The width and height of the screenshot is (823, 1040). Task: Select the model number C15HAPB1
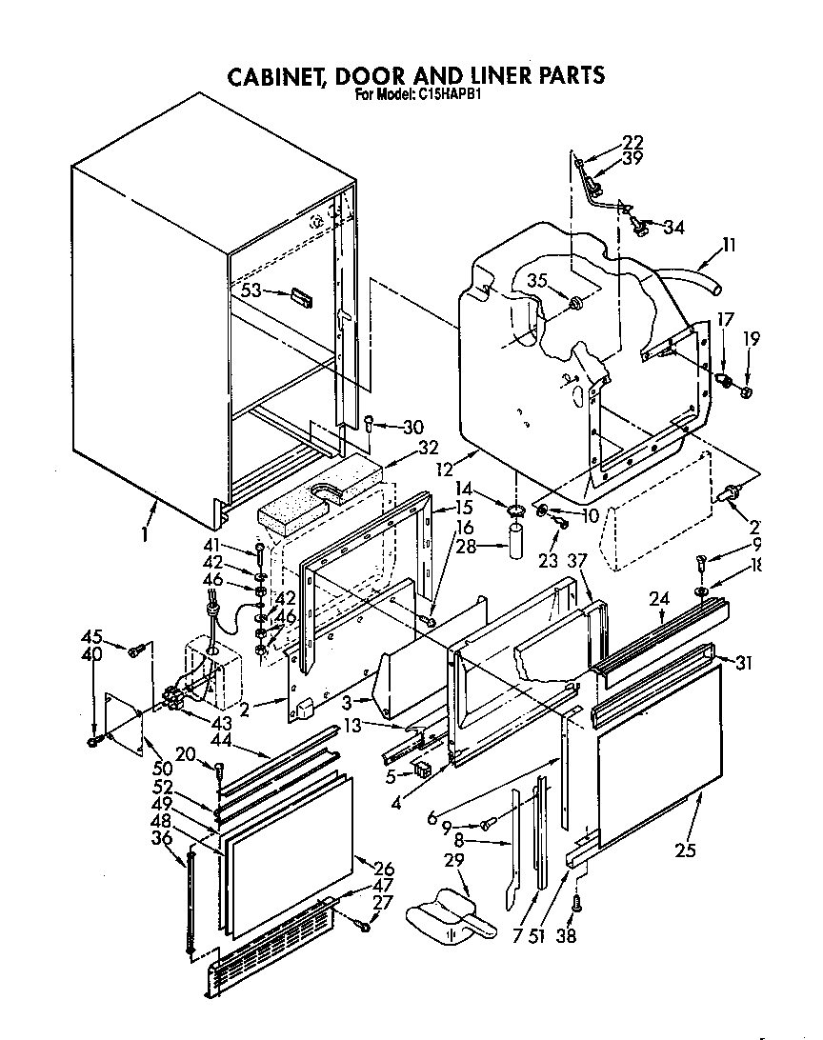click(x=452, y=95)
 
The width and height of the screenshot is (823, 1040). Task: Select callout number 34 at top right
click(x=673, y=227)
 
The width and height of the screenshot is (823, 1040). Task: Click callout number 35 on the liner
click(x=536, y=280)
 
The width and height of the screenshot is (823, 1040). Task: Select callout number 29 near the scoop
click(x=454, y=861)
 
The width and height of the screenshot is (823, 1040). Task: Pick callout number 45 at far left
click(x=91, y=636)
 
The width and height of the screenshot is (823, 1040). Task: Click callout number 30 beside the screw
click(x=411, y=427)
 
